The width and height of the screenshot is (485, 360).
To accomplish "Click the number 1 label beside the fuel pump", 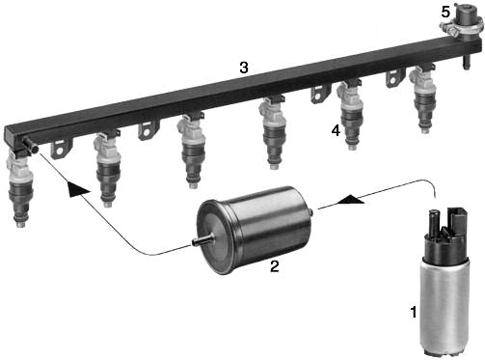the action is click(414, 312).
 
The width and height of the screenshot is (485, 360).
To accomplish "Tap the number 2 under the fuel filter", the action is click(274, 266).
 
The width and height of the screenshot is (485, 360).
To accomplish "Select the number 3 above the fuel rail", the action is click(244, 68).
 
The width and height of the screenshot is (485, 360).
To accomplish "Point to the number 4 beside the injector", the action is click(336, 130).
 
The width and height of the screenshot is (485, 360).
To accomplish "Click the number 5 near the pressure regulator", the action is click(445, 13).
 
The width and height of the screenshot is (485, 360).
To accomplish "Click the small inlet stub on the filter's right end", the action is click(311, 212).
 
